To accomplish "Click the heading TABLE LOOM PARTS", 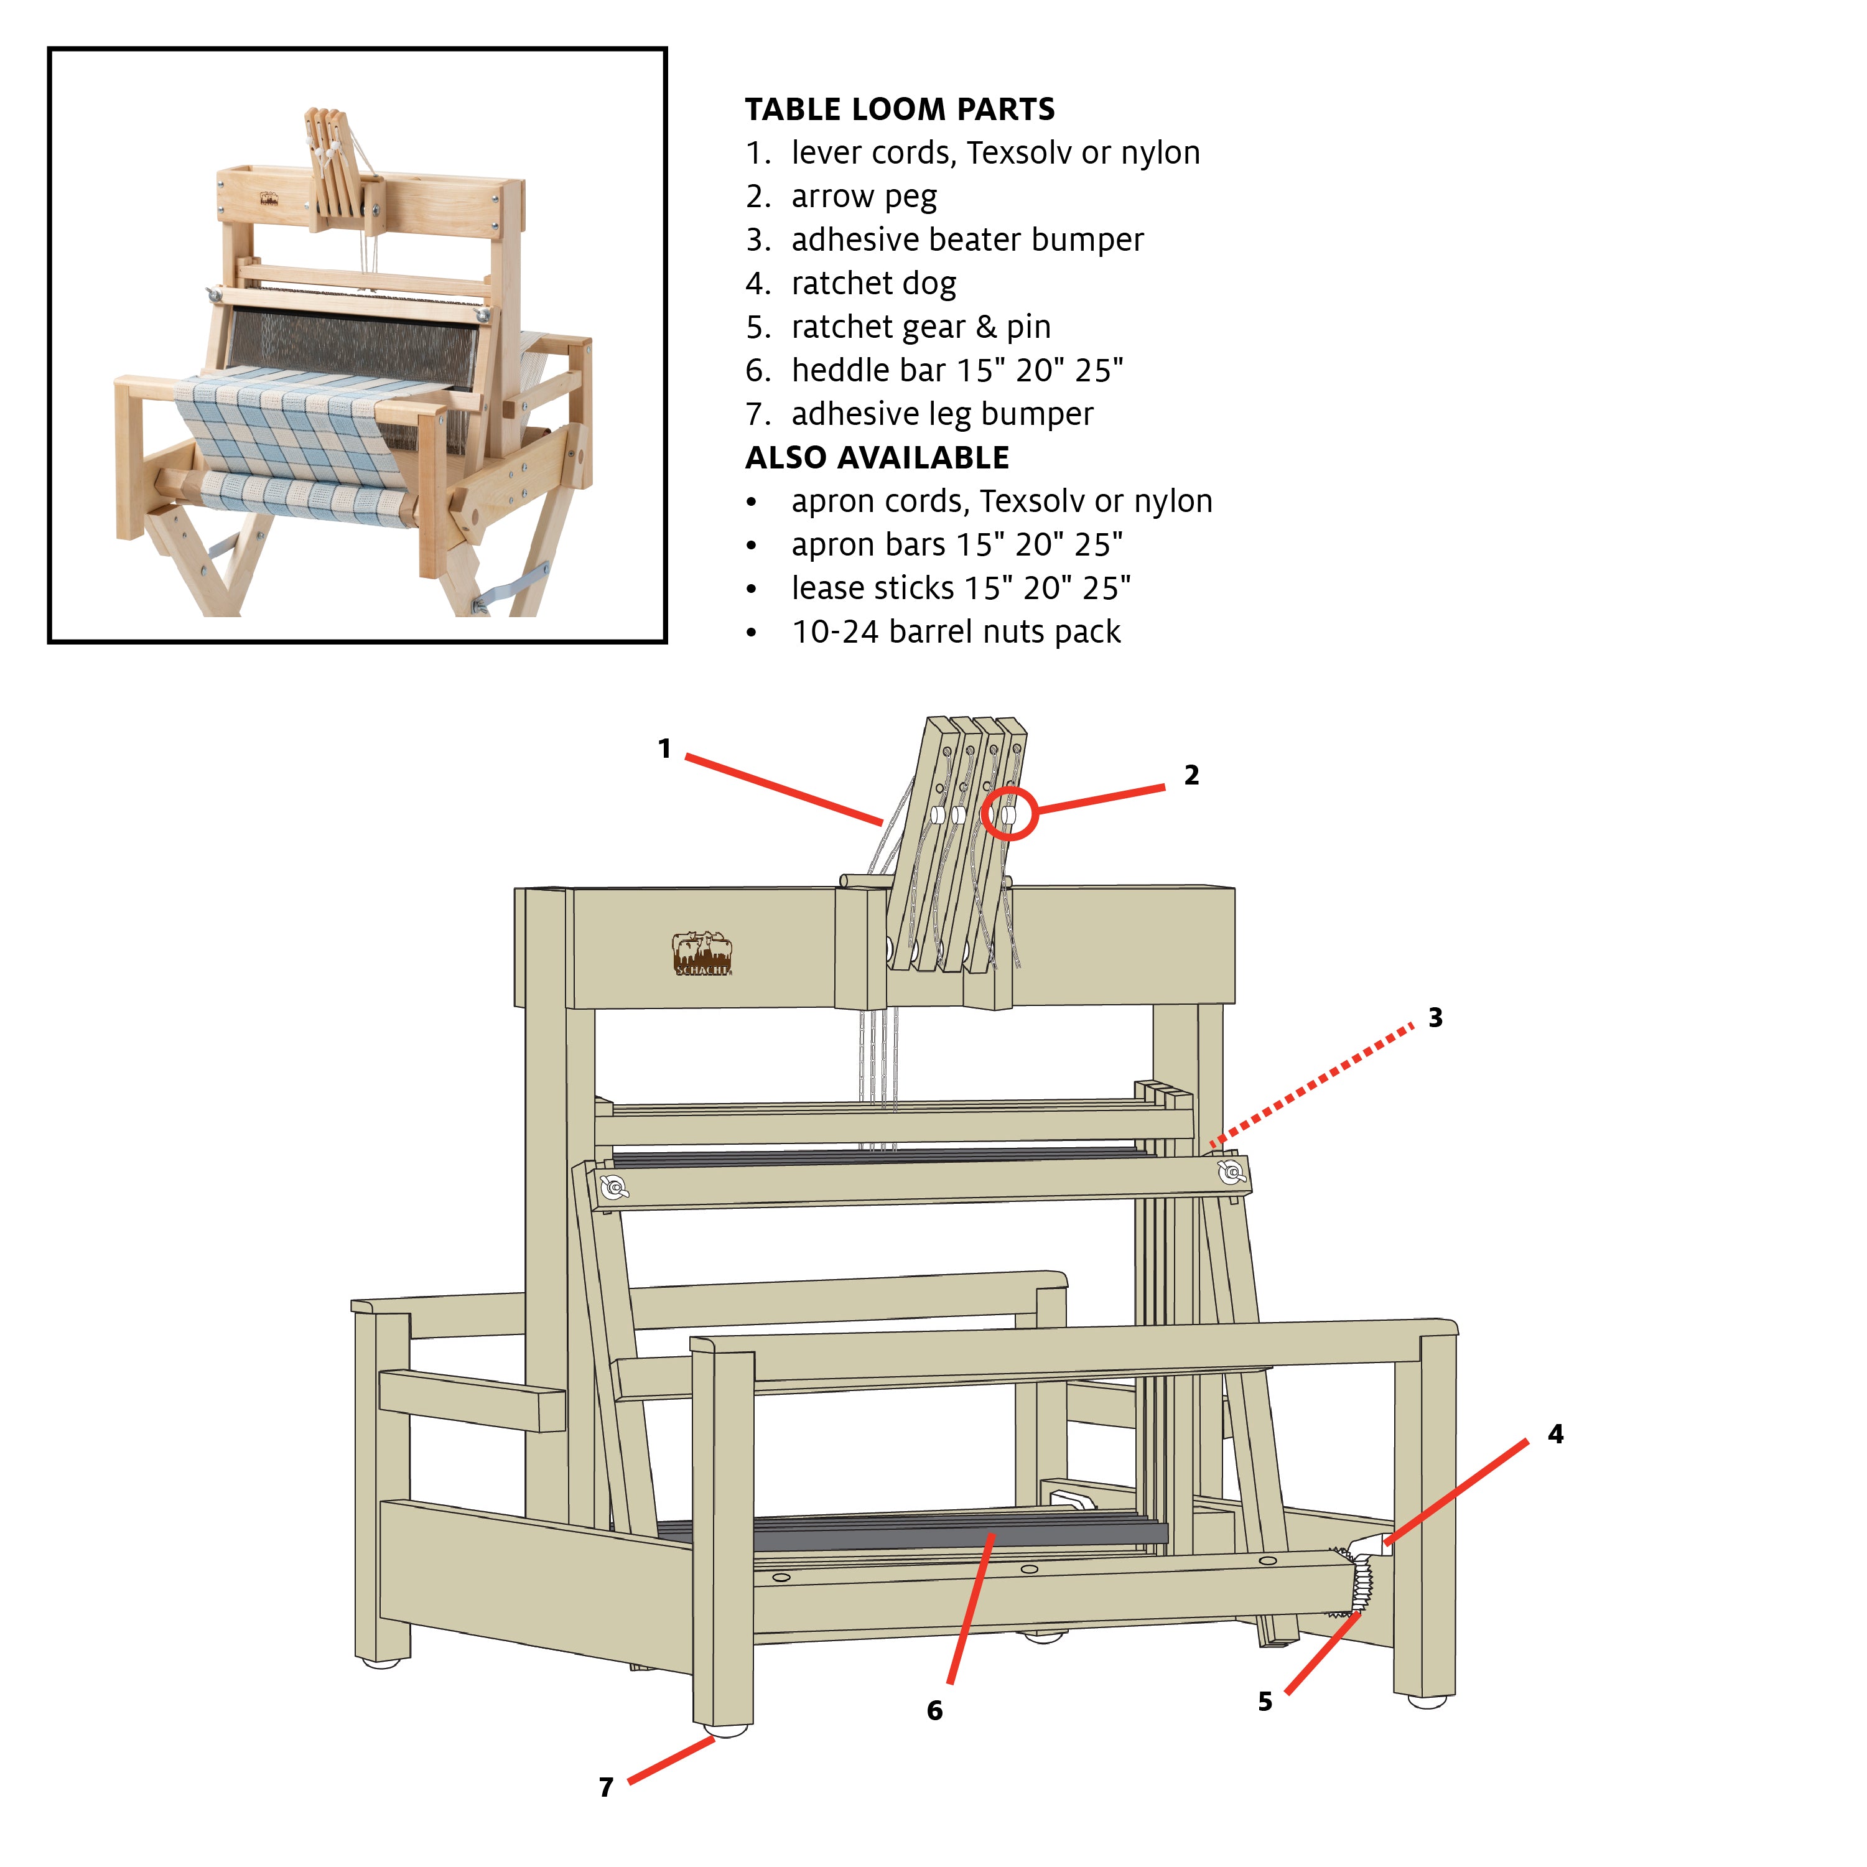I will (899, 109).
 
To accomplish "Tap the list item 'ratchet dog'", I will (873, 283).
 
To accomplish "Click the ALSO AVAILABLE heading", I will (877, 457).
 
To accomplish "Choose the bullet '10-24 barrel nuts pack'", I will (955, 631).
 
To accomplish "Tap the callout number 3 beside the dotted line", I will (1435, 1018).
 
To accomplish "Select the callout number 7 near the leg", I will (606, 1787).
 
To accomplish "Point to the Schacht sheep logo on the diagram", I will (702, 954).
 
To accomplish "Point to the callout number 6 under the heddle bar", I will (934, 1710).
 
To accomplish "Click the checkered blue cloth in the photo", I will (290, 425).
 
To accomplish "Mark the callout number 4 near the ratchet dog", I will (1555, 1434).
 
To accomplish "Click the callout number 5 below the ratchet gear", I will (1265, 1702).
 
